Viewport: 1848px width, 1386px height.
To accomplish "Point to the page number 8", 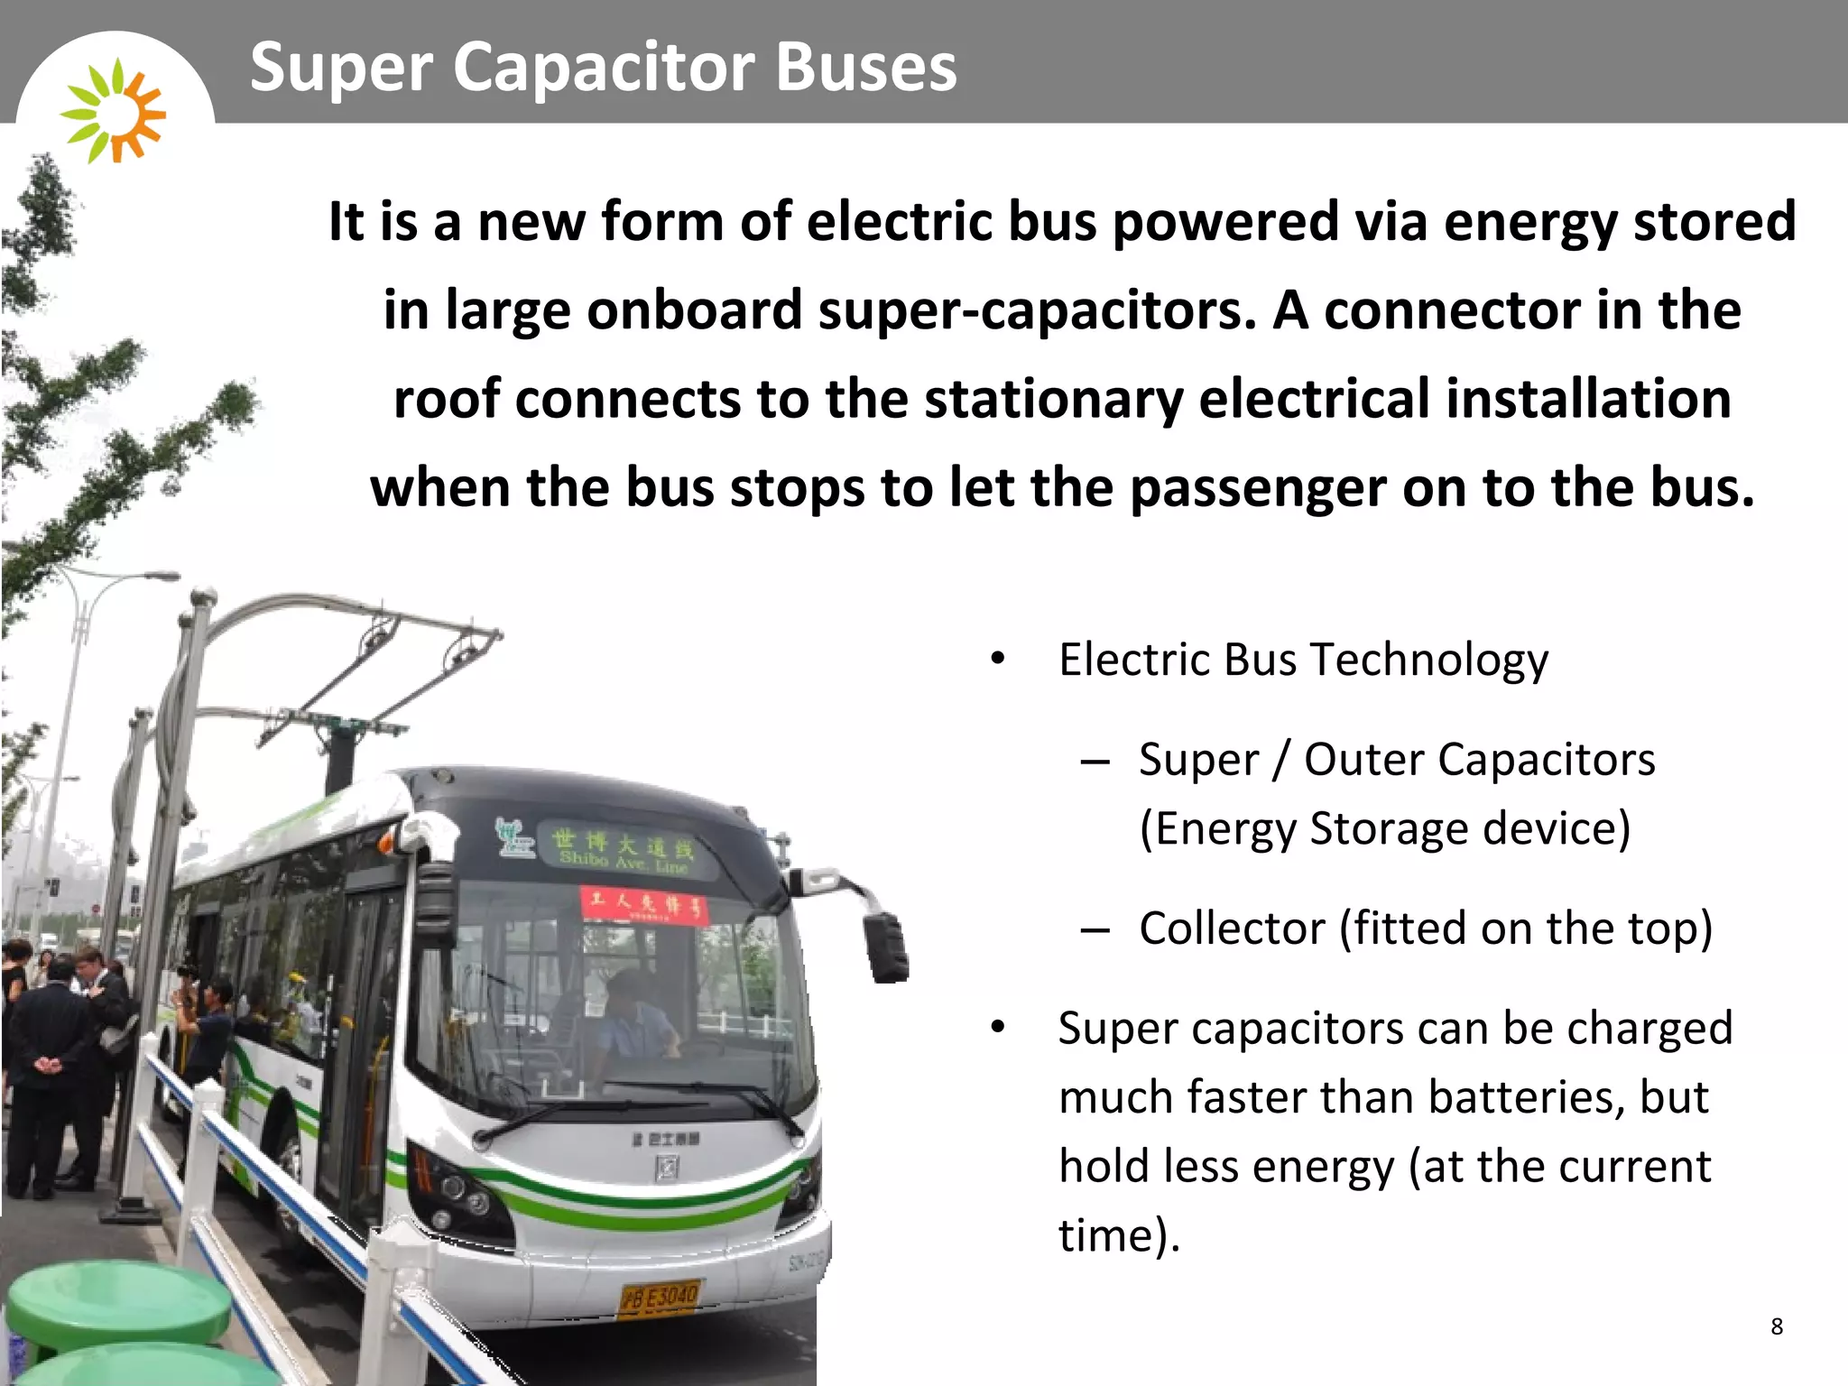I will pyautogui.click(x=1777, y=1326).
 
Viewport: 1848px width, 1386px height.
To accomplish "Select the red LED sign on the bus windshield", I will pyautogui.click(x=644, y=904).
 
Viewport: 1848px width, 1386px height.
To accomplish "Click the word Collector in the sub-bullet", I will pyautogui.click(x=1232, y=929).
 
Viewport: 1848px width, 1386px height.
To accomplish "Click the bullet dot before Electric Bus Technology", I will pyautogui.click(x=997, y=660).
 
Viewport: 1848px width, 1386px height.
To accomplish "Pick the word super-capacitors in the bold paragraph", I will pyautogui.click(x=1037, y=310).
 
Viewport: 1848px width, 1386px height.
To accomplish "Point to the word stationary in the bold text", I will pyautogui.click(x=1053, y=399).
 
